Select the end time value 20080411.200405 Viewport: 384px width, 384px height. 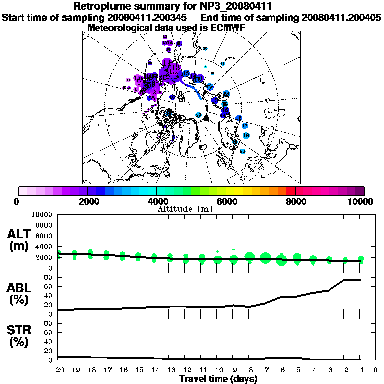(342, 18)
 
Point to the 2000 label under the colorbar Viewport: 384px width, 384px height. (87, 202)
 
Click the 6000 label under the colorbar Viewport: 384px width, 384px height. (226, 202)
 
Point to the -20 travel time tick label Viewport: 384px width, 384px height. (58, 370)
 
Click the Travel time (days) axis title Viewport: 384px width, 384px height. (218, 379)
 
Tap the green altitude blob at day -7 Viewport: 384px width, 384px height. (265, 258)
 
